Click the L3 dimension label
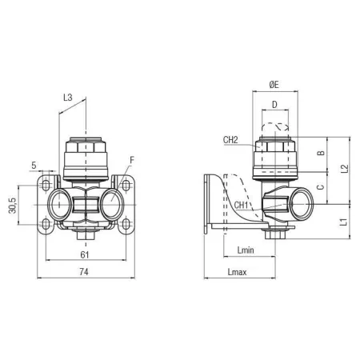point(68,98)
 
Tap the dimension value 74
point(84,272)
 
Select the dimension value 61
point(85,255)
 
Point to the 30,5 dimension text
point(13,206)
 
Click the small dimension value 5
point(34,166)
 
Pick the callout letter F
point(132,160)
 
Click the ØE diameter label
point(274,85)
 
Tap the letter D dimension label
point(274,105)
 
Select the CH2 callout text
point(230,140)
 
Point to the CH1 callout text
point(241,205)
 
